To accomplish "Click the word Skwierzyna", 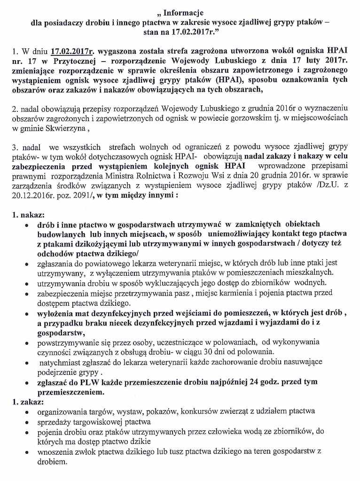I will [68, 128].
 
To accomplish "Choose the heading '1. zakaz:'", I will [28, 402].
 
